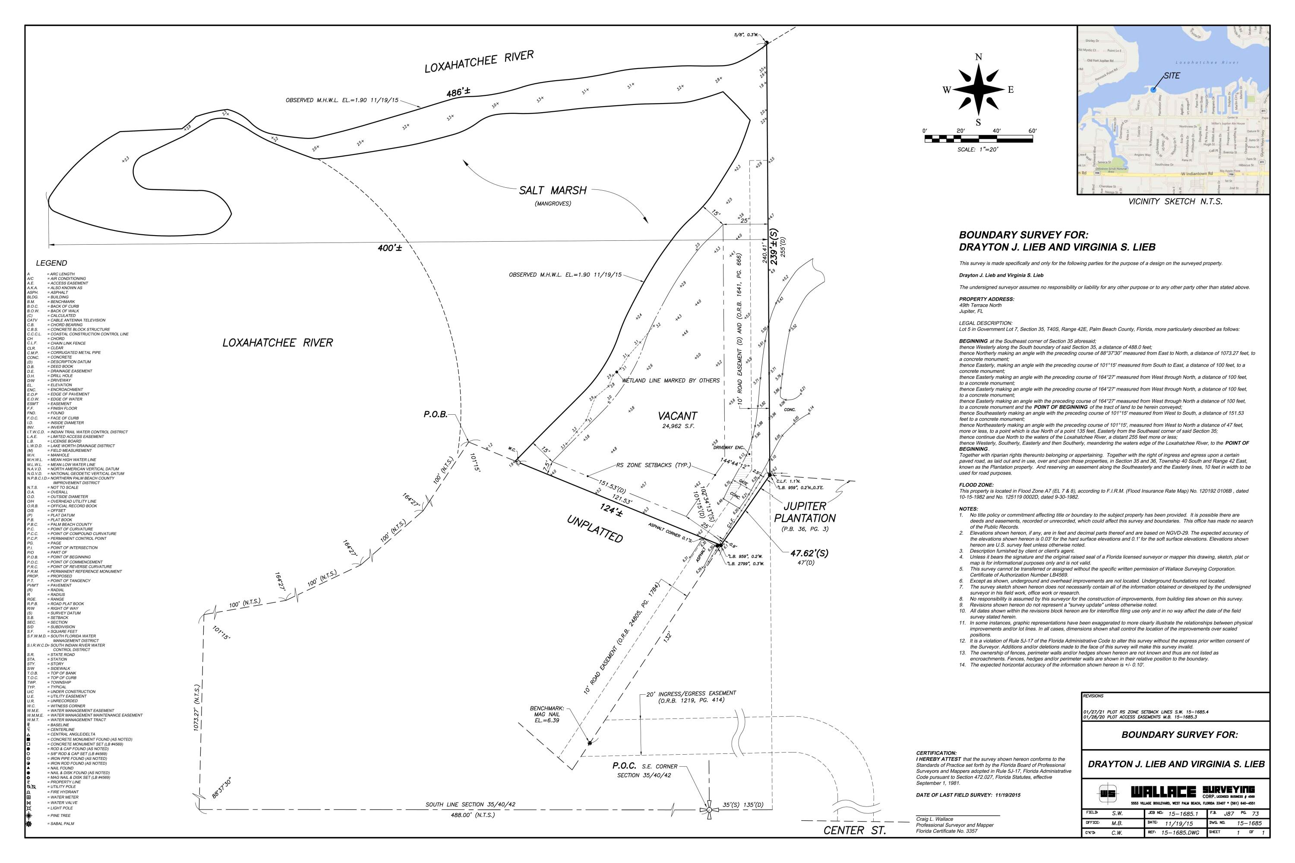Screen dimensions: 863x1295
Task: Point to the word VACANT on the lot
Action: point(677,416)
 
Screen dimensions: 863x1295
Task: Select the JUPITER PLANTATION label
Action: point(805,512)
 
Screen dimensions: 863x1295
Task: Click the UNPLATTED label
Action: point(595,529)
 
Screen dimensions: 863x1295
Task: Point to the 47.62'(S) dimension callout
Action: point(809,553)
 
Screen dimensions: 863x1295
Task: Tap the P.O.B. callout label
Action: point(435,414)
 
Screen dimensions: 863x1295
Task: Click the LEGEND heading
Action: point(51,263)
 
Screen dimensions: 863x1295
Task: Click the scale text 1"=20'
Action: point(977,150)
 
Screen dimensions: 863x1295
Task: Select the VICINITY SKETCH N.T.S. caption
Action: point(1175,202)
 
